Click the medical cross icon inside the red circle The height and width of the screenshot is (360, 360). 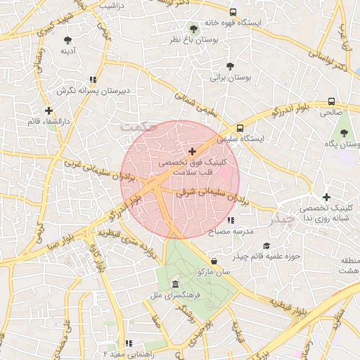(x=192, y=151)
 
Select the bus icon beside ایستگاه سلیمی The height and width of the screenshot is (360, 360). (x=240, y=129)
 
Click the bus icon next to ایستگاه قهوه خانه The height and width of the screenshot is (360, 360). (x=233, y=12)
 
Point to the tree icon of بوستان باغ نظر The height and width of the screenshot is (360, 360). (x=193, y=29)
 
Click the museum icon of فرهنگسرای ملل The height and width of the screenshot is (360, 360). (x=175, y=284)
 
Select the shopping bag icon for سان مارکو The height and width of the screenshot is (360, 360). (x=214, y=262)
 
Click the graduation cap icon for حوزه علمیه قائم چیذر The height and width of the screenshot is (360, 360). (x=266, y=245)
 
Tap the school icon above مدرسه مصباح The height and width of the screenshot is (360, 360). (x=231, y=221)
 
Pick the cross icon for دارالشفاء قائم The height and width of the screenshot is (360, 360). (x=49, y=110)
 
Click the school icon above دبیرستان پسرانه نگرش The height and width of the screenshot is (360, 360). (x=94, y=80)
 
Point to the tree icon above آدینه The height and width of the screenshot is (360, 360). (x=67, y=40)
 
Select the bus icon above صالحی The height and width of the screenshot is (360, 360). (x=331, y=101)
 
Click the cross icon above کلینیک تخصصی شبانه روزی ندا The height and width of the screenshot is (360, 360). (x=326, y=198)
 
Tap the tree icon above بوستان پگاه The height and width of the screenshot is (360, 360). (x=345, y=133)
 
